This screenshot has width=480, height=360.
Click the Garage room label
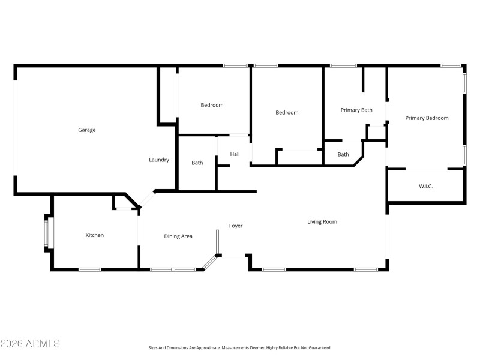86,130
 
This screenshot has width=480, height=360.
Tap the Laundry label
159,160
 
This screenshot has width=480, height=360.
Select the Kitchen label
94,235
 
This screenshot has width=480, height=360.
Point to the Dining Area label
178,236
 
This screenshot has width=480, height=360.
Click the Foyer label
236,226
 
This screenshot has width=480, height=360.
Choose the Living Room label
322,222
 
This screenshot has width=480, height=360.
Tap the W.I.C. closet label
425,187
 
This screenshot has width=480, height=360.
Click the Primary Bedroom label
427,118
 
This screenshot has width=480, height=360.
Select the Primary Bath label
356,110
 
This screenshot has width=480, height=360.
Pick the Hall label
235,154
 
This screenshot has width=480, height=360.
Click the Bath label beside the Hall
197,163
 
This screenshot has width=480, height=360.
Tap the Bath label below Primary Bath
343,154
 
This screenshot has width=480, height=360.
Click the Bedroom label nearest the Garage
212,105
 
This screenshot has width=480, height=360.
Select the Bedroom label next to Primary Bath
287,112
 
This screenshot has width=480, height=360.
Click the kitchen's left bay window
47,232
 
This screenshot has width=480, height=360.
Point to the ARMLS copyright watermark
30,344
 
